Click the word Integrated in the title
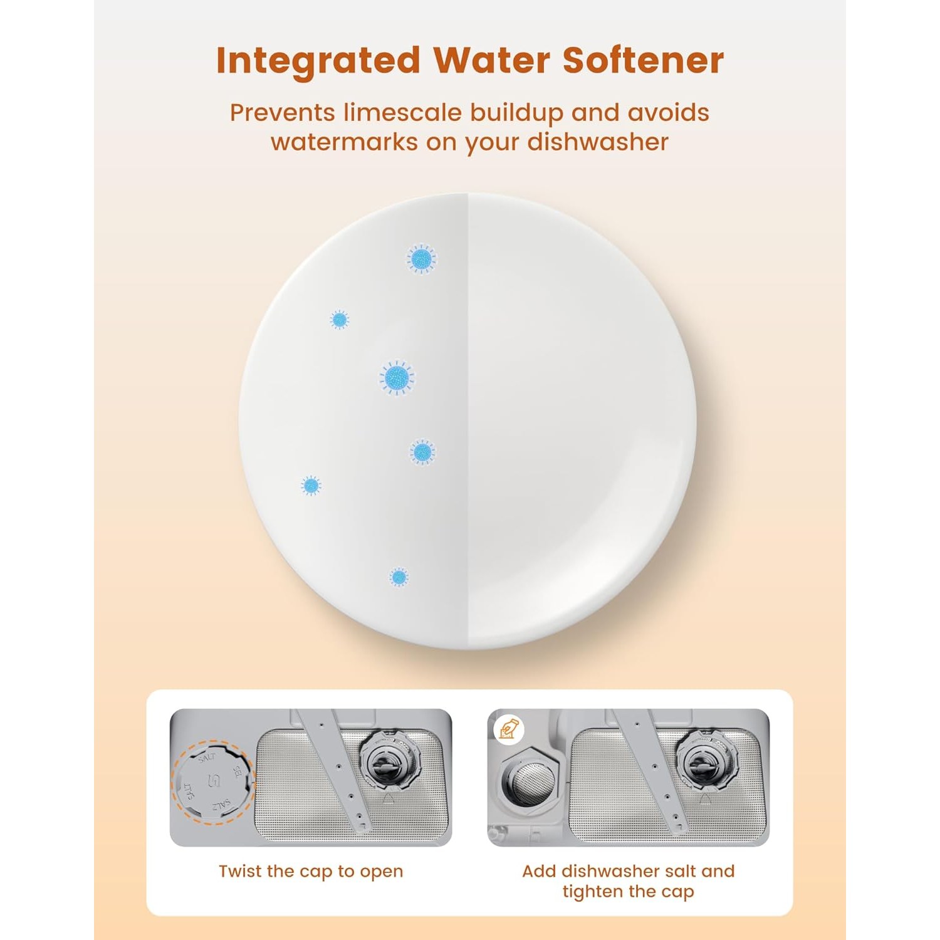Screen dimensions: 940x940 click(318, 61)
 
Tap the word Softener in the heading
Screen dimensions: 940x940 click(643, 60)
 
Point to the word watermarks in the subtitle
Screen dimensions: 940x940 click(344, 142)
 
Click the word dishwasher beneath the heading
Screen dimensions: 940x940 click(598, 142)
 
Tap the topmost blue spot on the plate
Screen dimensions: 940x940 click(422, 258)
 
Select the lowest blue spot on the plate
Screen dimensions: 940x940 click(399, 577)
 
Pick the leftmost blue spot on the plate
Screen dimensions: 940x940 click(311, 485)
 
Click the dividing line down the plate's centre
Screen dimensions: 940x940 click(468, 420)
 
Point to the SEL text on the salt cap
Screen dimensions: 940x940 click(238, 773)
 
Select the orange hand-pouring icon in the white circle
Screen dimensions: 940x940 click(508, 729)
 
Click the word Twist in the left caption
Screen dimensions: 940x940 click(240, 872)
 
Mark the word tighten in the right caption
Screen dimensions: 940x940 click(593, 892)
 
